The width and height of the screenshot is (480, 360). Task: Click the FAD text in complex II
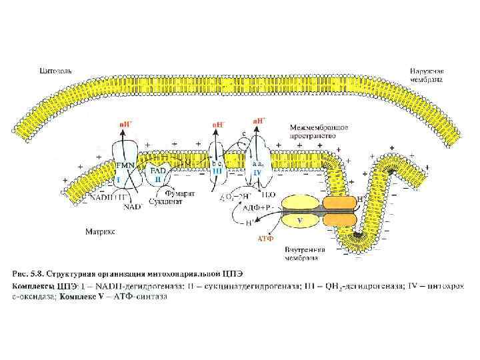[x=157, y=171]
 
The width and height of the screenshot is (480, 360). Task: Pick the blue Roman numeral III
[x=217, y=171]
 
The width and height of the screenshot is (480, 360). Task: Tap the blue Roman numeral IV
[x=257, y=172]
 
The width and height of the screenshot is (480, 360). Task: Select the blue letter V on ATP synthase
[x=300, y=219]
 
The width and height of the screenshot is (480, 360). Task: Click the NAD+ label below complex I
[x=133, y=206]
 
